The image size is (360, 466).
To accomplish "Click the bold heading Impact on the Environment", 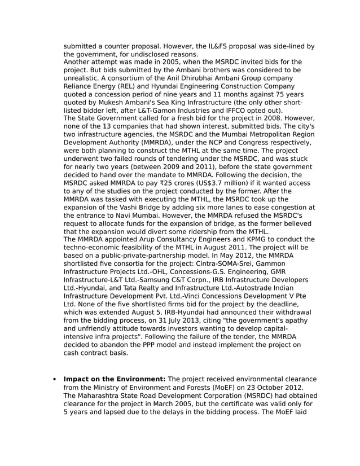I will click(114, 379).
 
